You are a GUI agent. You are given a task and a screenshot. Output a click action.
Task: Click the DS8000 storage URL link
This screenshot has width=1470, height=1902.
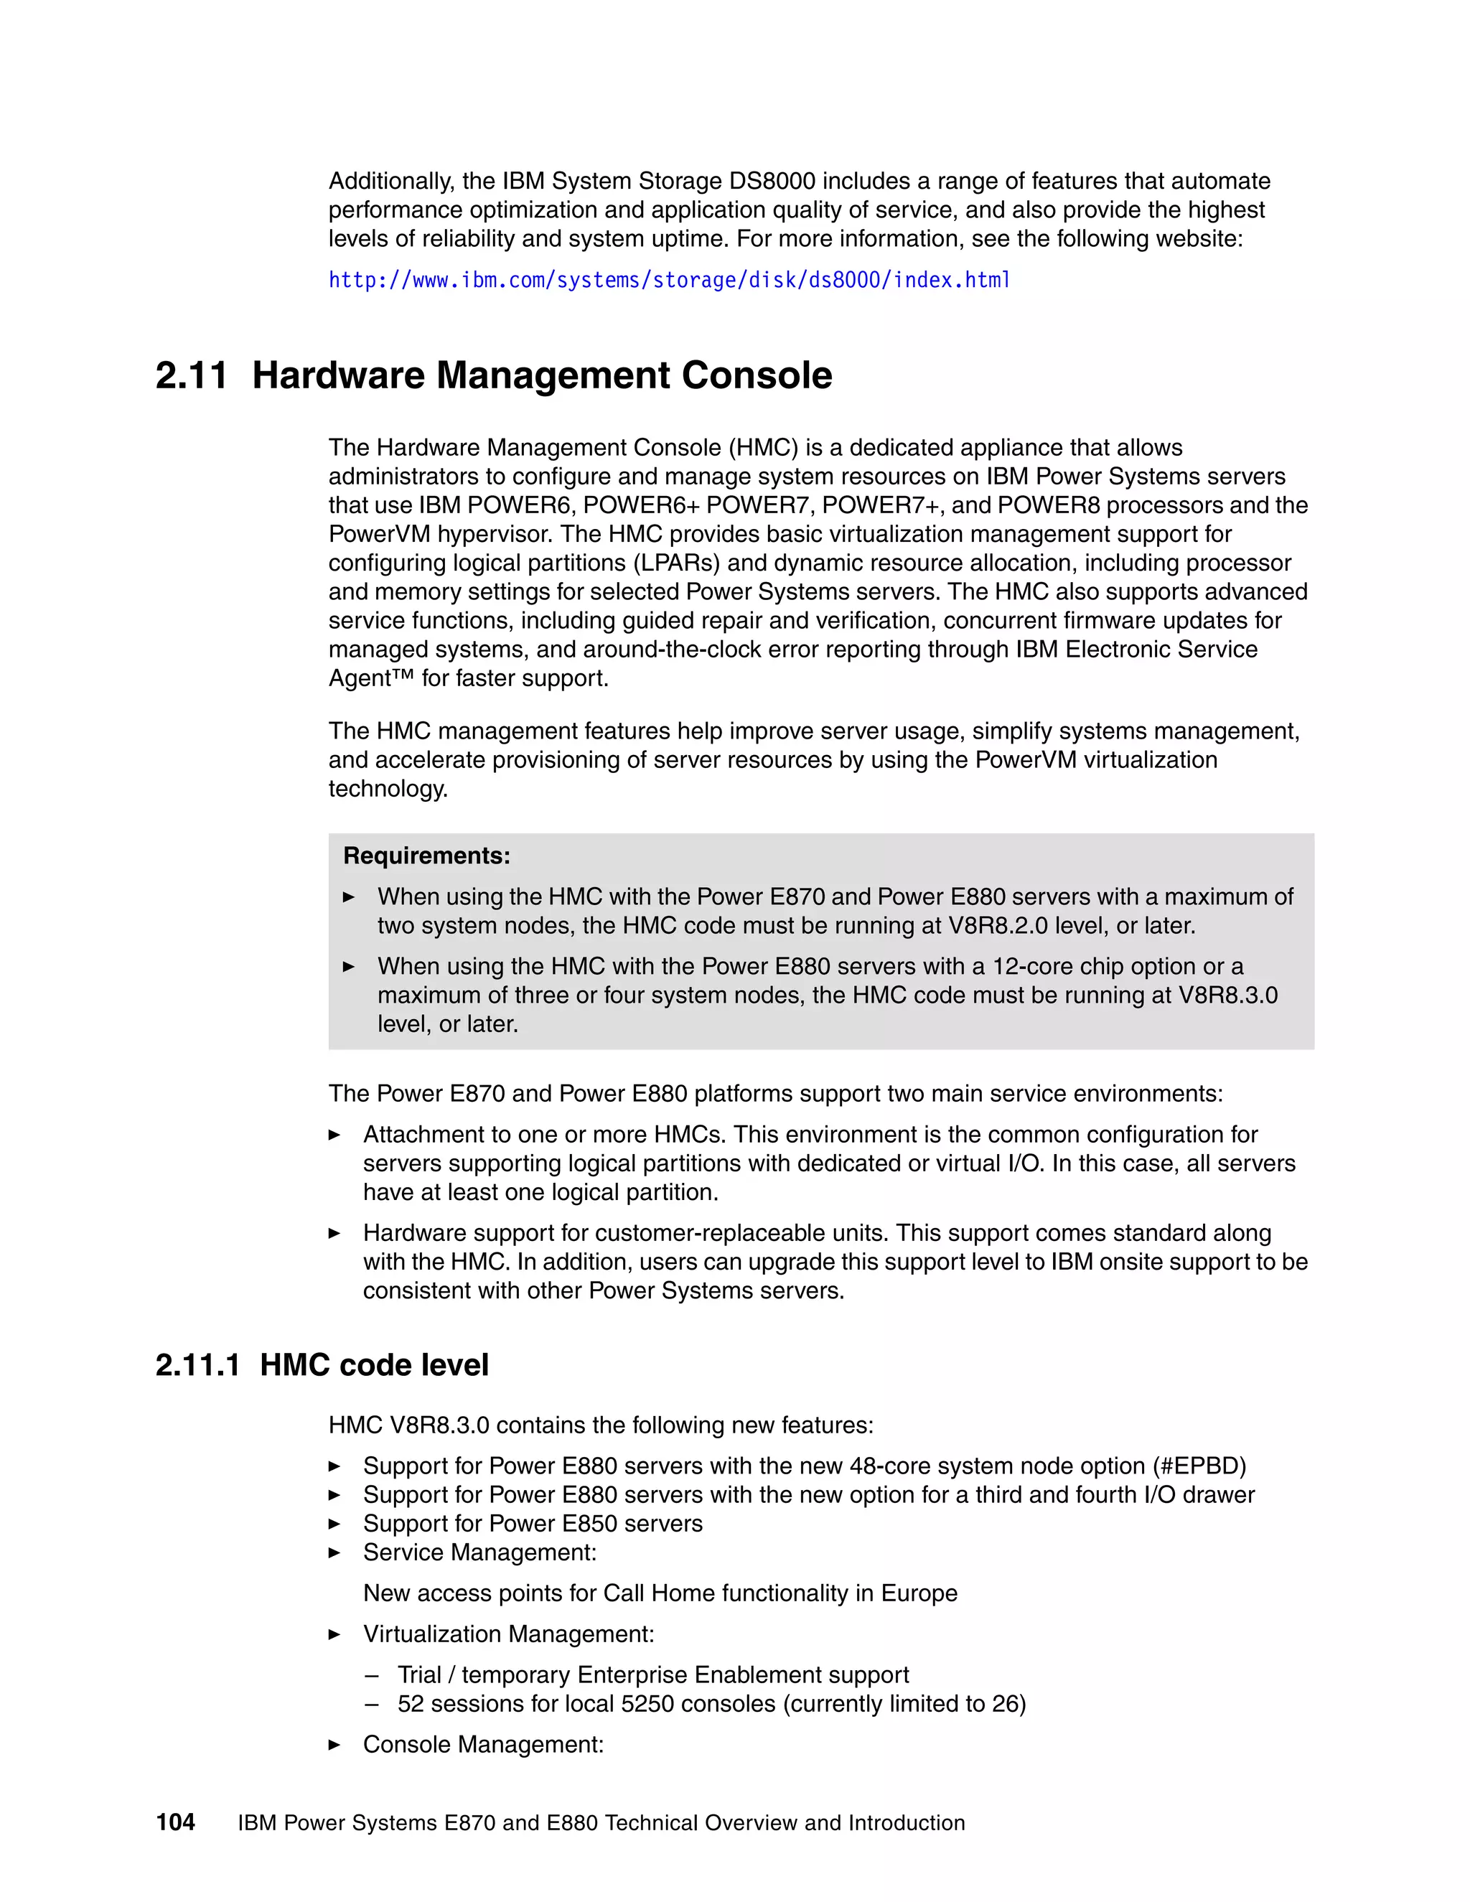pos(669,281)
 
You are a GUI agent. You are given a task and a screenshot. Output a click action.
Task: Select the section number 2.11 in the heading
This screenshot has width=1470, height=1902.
pos(191,375)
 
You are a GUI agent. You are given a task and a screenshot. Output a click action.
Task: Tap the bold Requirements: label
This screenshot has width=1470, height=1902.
pos(427,856)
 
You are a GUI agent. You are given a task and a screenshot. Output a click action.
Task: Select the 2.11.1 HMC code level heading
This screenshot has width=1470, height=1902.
pos(322,1364)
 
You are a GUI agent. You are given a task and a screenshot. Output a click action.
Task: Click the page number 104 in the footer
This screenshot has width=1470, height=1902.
pos(175,1823)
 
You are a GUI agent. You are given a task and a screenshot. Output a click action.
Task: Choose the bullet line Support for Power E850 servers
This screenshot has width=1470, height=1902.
pos(532,1523)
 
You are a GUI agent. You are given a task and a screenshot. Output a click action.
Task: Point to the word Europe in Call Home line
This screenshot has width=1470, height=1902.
pos(919,1593)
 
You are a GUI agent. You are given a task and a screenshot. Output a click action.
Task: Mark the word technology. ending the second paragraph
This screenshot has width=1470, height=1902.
pos(388,789)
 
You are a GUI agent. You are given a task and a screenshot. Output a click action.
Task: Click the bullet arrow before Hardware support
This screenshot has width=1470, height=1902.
pos(334,1233)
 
